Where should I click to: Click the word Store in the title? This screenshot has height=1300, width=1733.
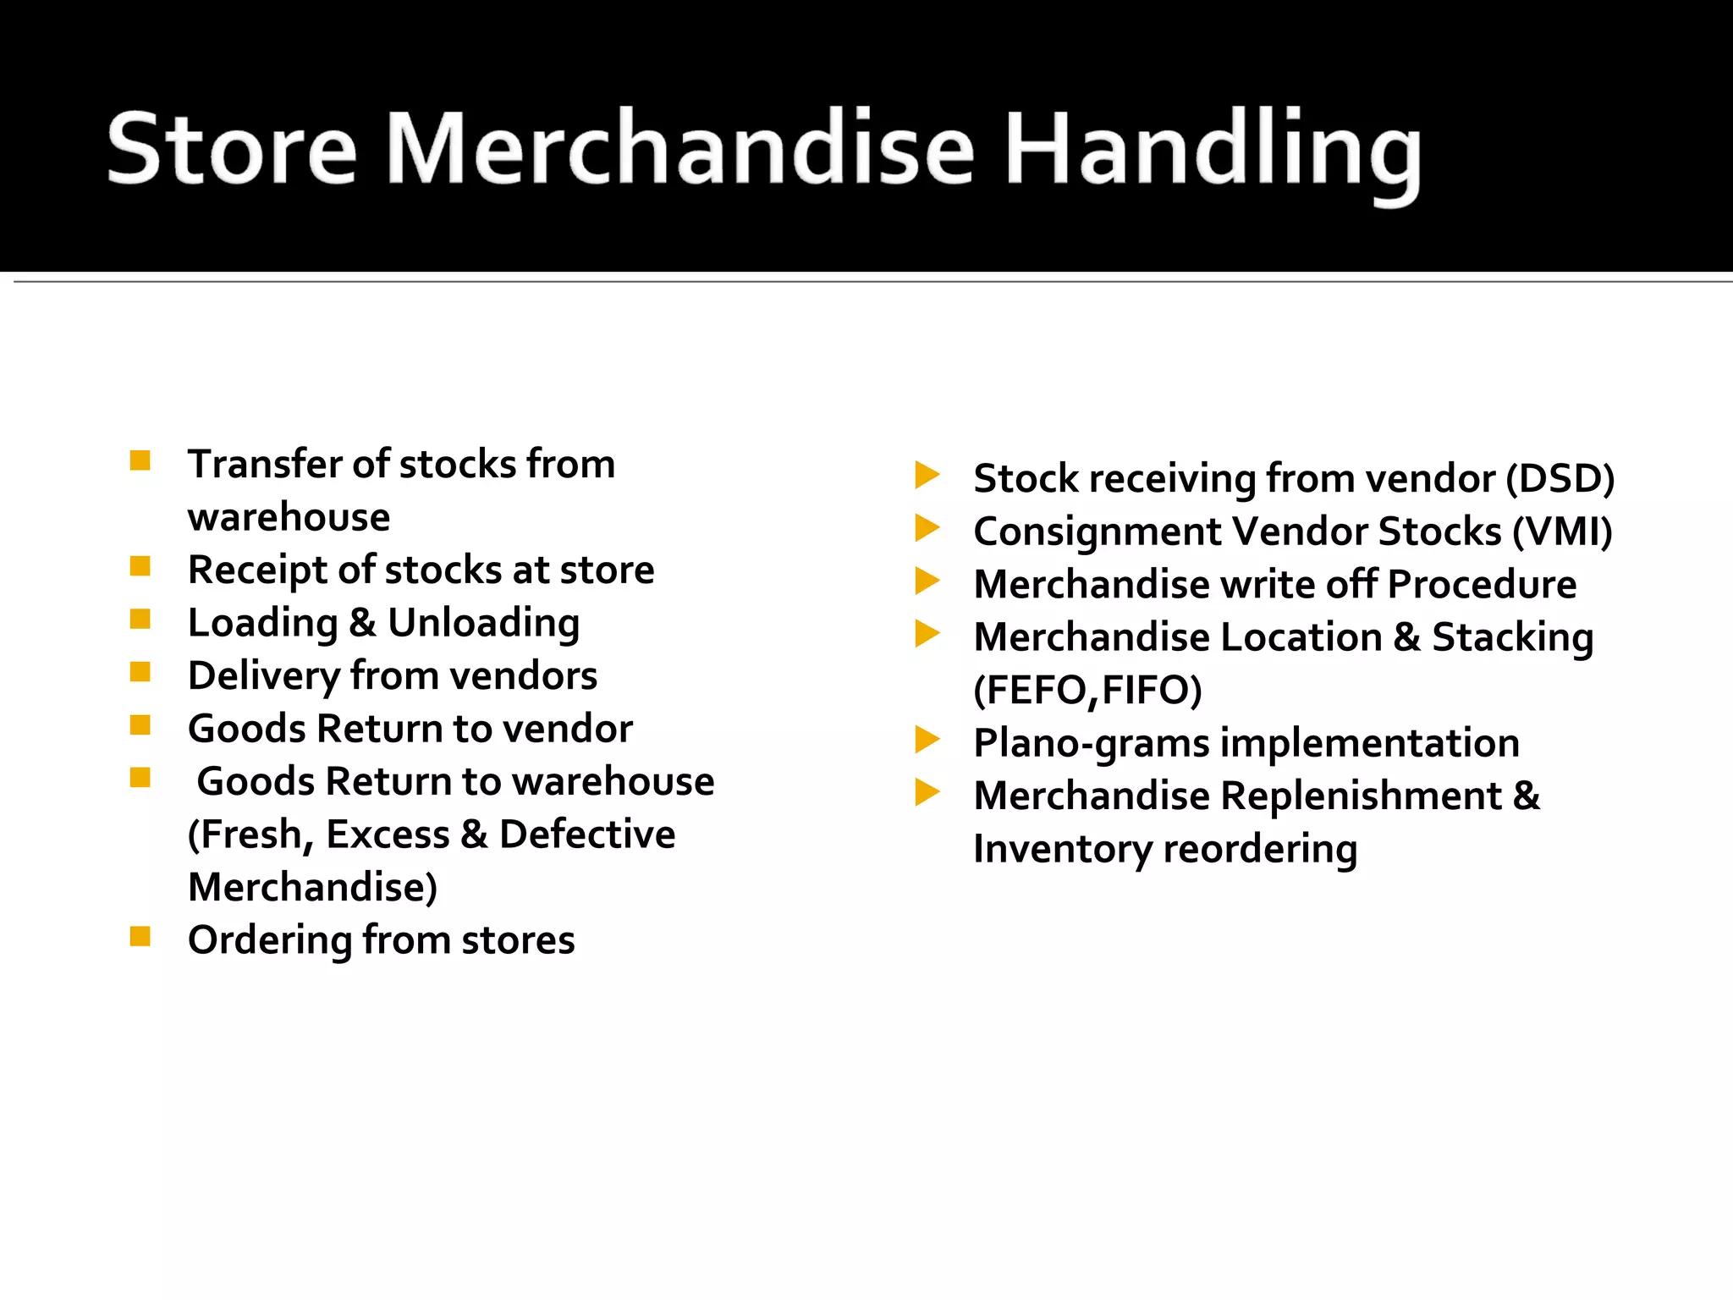pyautogui.click(x=233, y=149)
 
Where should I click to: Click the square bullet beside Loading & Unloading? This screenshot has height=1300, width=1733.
pyautogui.click(x=140, y=620)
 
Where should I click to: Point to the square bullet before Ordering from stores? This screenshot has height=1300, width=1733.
pyautogui.click(x=140, y=936)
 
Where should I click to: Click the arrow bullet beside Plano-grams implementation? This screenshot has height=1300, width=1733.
pyautogui.click(x=927, y=740)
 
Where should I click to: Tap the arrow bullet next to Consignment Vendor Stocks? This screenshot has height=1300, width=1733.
pyautogui.click(x=927, y=528)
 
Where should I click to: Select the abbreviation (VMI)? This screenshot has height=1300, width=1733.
pyautogui.click(x=1562, y=532)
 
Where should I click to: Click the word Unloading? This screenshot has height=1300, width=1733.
pyautogui.click(x=484, y=623)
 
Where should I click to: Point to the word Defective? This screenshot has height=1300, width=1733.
pyautogui.click(x=587, y=835)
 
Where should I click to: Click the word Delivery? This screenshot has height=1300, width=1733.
pyautogui.click(x=264, y=676)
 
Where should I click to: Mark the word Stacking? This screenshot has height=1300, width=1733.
pyautogui.click(x=1512, y=638)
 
